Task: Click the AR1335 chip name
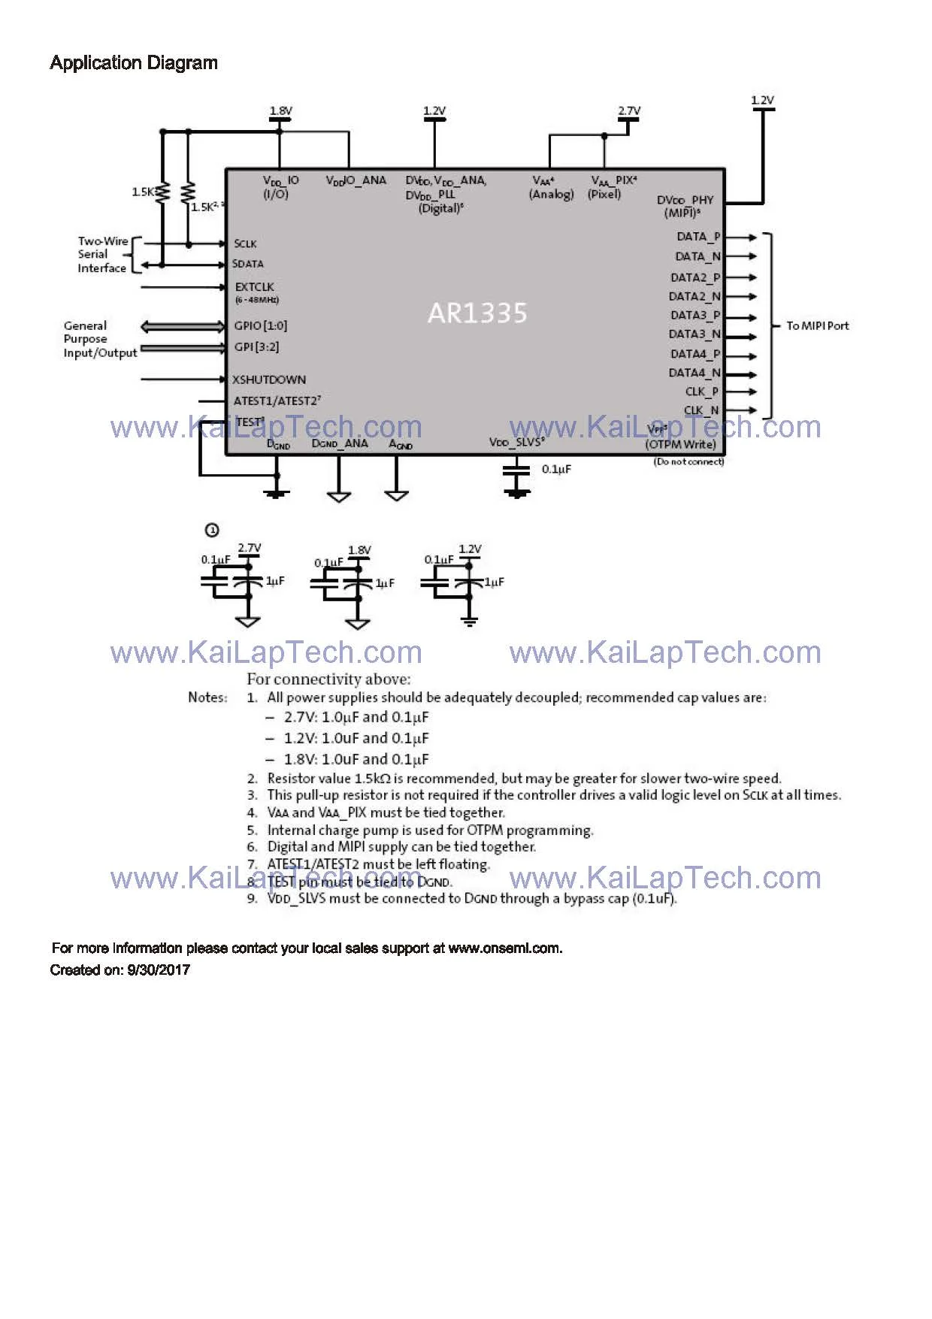pos(477,313)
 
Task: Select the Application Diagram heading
pos(134,63)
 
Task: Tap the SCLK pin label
pos(245,244)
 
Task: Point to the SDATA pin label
pos(248,264)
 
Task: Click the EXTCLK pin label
pos(254,287)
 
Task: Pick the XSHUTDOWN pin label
pos(268,380)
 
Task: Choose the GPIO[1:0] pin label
pos(260,325)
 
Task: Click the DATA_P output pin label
pos(698,237)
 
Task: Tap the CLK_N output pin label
pos(701,410)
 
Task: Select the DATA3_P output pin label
pos(695,316)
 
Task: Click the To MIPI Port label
pos(817,325)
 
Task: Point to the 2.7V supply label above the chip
pos(629,111)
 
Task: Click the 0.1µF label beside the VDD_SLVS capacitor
pos(556,469)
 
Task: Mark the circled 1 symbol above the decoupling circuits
pos(212,531)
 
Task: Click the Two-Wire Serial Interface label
pos(102,255)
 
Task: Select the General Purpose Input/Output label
pos(100,339)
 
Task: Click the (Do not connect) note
pos(688,461)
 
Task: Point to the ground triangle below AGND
pos(396,495)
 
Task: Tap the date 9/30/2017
pos(159,970)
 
